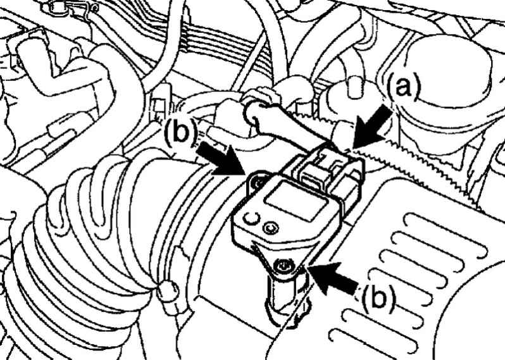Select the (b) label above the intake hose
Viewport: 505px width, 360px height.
point(180,132)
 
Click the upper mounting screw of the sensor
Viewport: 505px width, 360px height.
point(258,182)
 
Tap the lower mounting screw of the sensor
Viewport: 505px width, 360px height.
point(282,266)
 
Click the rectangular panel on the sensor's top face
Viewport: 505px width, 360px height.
point(296,201)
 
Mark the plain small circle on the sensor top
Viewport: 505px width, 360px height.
point(251,219)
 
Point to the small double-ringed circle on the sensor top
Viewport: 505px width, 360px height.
point(270,228)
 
